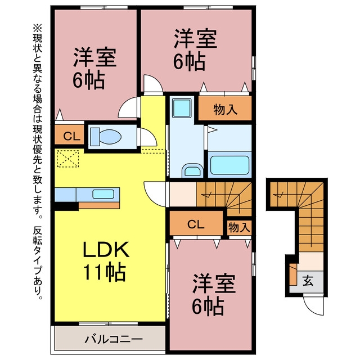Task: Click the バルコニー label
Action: click(114, 339)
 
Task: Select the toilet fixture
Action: click(106, 137)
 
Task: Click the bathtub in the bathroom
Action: click(230, 165)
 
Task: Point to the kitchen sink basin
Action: click(103, 194)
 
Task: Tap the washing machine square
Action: click(182, 108)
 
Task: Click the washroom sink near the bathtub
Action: click(192, 171)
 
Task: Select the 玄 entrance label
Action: click(308, 281)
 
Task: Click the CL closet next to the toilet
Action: click(71, 136)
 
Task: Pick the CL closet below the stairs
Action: click(196, 224)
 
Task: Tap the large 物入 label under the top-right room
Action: click(225, 109)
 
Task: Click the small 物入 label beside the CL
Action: click(239, 227)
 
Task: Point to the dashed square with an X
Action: click(67, 159)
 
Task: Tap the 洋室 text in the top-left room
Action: click(95, 57)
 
